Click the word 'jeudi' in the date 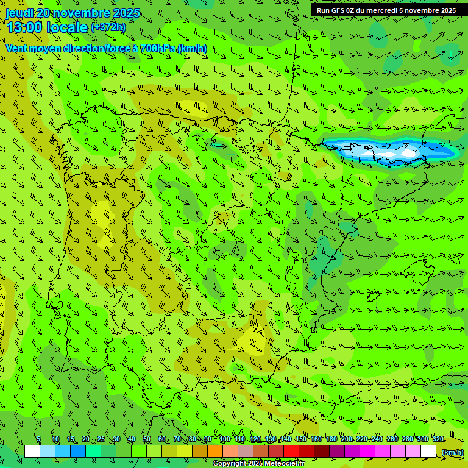point(19,13)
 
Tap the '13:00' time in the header point(24,27)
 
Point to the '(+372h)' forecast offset point(108,27)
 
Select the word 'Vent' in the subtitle point(16,48)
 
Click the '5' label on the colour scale point(38,439)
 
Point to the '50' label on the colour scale point(146,439)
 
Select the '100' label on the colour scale point(224,439)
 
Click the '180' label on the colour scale point(331,439)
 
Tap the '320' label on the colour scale point(438,439)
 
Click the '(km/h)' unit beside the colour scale point(452,452)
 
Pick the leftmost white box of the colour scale point(32,452)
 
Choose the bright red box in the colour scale point(291,452)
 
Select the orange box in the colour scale point(215,452)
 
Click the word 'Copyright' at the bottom point(230,464)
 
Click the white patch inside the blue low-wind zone point(408,152)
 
